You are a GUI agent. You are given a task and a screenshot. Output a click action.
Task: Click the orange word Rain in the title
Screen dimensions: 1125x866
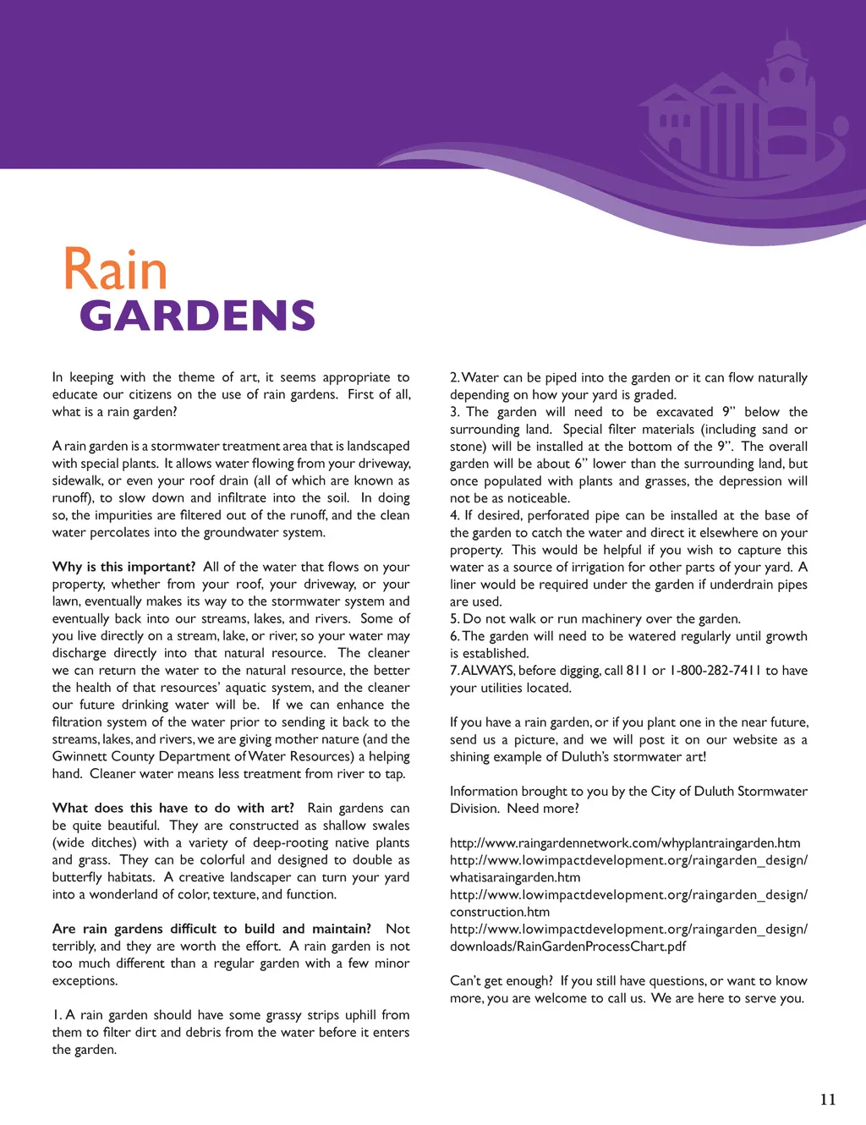point(115,271)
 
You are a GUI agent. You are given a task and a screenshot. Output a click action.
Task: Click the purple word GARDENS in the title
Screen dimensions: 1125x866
point(197,316)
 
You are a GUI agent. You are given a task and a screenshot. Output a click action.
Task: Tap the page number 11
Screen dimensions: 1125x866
point(828,1099)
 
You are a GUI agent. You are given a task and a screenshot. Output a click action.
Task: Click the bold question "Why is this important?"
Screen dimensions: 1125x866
point(123,567)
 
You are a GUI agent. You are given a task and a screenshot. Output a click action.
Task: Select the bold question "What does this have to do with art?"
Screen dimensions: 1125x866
point(173,808)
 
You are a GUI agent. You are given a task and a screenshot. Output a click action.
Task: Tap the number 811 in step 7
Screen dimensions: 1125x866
point(637,670)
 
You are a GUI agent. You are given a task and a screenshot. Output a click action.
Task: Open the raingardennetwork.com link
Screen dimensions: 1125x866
point(625,842)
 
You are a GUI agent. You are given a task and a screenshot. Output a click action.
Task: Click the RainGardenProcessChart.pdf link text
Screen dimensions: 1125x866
point(567,946)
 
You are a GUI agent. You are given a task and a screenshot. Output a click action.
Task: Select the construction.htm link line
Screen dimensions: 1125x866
point(499,912)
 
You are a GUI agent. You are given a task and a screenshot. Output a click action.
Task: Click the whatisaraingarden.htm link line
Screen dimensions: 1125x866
point(514,877)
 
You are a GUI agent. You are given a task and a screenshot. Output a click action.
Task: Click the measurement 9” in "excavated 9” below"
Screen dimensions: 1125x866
point(729,412)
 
